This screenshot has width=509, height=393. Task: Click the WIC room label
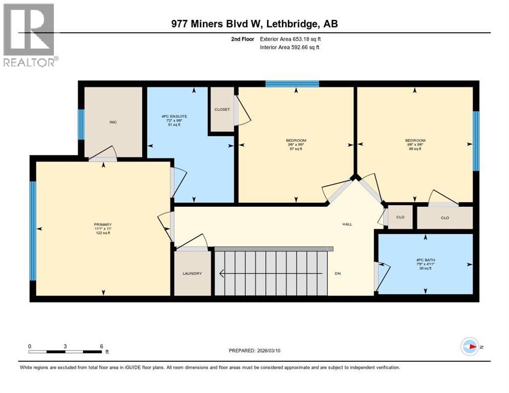tap(113, 122)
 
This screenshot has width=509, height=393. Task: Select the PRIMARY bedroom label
tap(102, 225)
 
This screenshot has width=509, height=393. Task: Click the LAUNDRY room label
tap(192, 274)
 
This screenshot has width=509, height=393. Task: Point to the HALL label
tap(347, 224)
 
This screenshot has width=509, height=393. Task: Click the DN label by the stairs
tap(338, 274)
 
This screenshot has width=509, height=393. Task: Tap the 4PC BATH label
tap(425, 259)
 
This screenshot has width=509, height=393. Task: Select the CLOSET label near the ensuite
tap(222, 110)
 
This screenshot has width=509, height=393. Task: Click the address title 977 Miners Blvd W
tap(254, 24)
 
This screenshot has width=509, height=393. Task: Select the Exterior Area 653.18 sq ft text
tap(290, 39)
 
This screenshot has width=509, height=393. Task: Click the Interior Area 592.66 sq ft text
tap(290, 48)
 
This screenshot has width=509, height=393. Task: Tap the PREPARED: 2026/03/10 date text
tap(256, 351)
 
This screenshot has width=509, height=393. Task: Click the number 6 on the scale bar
tap(101, 346)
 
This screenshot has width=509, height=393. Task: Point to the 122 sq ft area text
tap(102, 233)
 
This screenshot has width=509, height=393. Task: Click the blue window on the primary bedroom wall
tap(33, 231)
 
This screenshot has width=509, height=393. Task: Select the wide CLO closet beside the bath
tap(444, 217)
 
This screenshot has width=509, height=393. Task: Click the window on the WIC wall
tap(81, 124)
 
